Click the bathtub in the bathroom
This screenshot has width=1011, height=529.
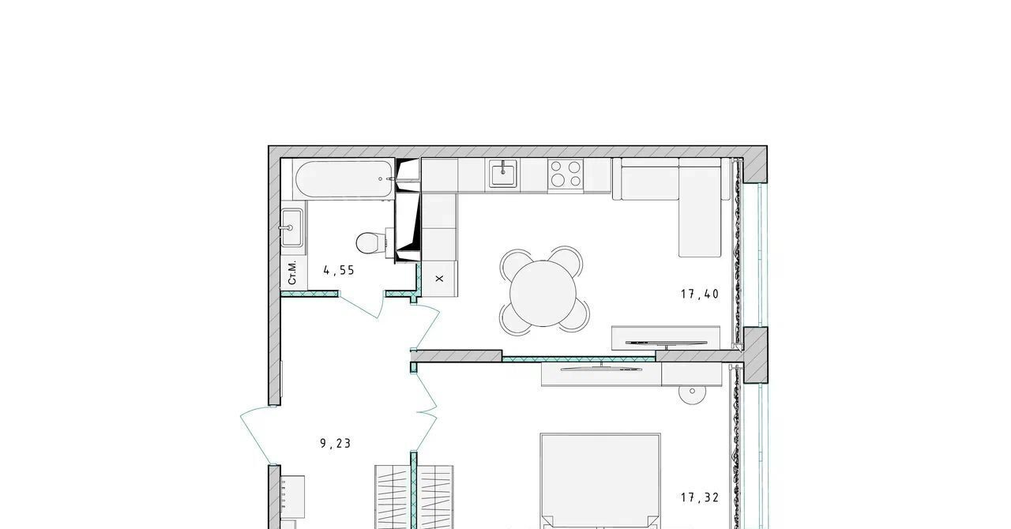(x=344, y=179)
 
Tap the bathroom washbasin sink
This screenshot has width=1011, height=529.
(x=291, y=227)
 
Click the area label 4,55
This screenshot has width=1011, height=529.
(x=339, y=270)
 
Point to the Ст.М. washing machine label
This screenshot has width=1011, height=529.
(x=292, y=272)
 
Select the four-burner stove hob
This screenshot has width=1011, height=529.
(x=566, y=174)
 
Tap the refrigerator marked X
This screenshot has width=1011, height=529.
(x=439, y=279)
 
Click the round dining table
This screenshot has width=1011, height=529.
(x=543, y=294)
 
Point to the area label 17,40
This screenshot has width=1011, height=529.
(x=700, y=295)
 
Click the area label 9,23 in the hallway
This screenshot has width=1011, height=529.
(x=336, y=443)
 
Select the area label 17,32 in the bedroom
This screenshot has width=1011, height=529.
(x=700, y=497)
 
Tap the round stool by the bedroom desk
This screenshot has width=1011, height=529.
(x=693, y=395)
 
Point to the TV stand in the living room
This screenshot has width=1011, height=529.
(x=666, y=338)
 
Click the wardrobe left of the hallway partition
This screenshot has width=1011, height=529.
(x=393, y=497)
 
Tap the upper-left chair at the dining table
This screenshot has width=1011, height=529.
(x=516, y=263)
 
